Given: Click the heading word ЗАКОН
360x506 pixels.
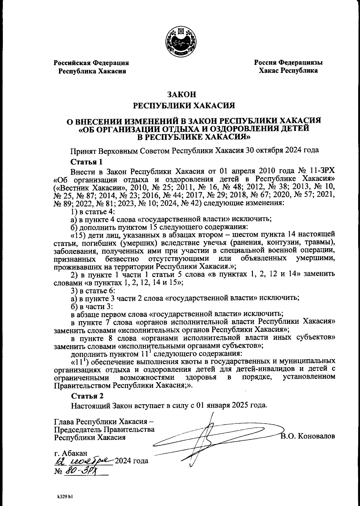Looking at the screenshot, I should [x=181, y=95].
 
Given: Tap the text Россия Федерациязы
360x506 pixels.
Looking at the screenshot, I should [x=288, y=63].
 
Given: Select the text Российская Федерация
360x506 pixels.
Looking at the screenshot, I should [x=91, y=63].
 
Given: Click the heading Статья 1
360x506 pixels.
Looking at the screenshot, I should [x=87, y=162].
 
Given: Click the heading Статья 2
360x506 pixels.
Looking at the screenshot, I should [x=87, y=396].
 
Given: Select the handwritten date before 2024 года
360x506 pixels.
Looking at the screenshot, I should [x=84, y=460].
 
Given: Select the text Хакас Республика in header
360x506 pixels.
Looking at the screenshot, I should [x=288, y=71].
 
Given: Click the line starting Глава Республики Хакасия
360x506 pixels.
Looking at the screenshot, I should [x=104, y=421].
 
